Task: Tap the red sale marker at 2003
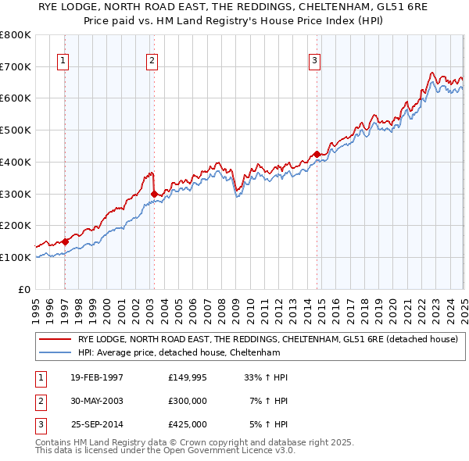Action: pyautogui.click(x=154, y=193)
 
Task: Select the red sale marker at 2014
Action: pyautogui.click(x=317, y=154)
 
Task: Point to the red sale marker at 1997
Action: pyautogui.click(x=65, y=241)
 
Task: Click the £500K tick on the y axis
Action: pyautogui.click(x=16, y=130)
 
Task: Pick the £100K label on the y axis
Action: pyautogui.click(x=16, y=257)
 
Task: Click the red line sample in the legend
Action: pyautogui.click(x=54, y=339)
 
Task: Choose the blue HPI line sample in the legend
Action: pyautogui.click(x=54, y=352)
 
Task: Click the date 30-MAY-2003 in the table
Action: pyautogui.click(x=97, y=400)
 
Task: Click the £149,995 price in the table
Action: pyautogui.click(x=188, y=377)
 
